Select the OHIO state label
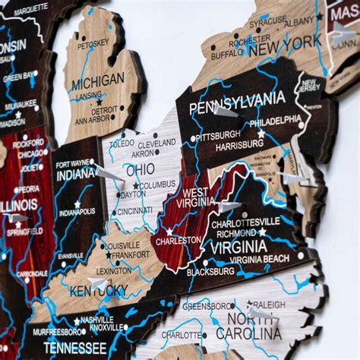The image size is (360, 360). click(x=140, y=169)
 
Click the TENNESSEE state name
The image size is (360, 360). click(x=74, y=347)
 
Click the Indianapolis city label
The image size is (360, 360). click(x=77, y=213)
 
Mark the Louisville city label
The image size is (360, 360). click(x=122, y=245)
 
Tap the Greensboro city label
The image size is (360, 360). click(x=207, y=308)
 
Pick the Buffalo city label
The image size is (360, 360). click(x=227, y=55)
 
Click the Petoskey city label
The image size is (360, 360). click(x=93, y=45)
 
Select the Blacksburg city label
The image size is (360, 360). click(x=210, y=270)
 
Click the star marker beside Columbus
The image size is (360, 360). click(x=136, y=185)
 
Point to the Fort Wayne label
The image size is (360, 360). click(x=73, y=163)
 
